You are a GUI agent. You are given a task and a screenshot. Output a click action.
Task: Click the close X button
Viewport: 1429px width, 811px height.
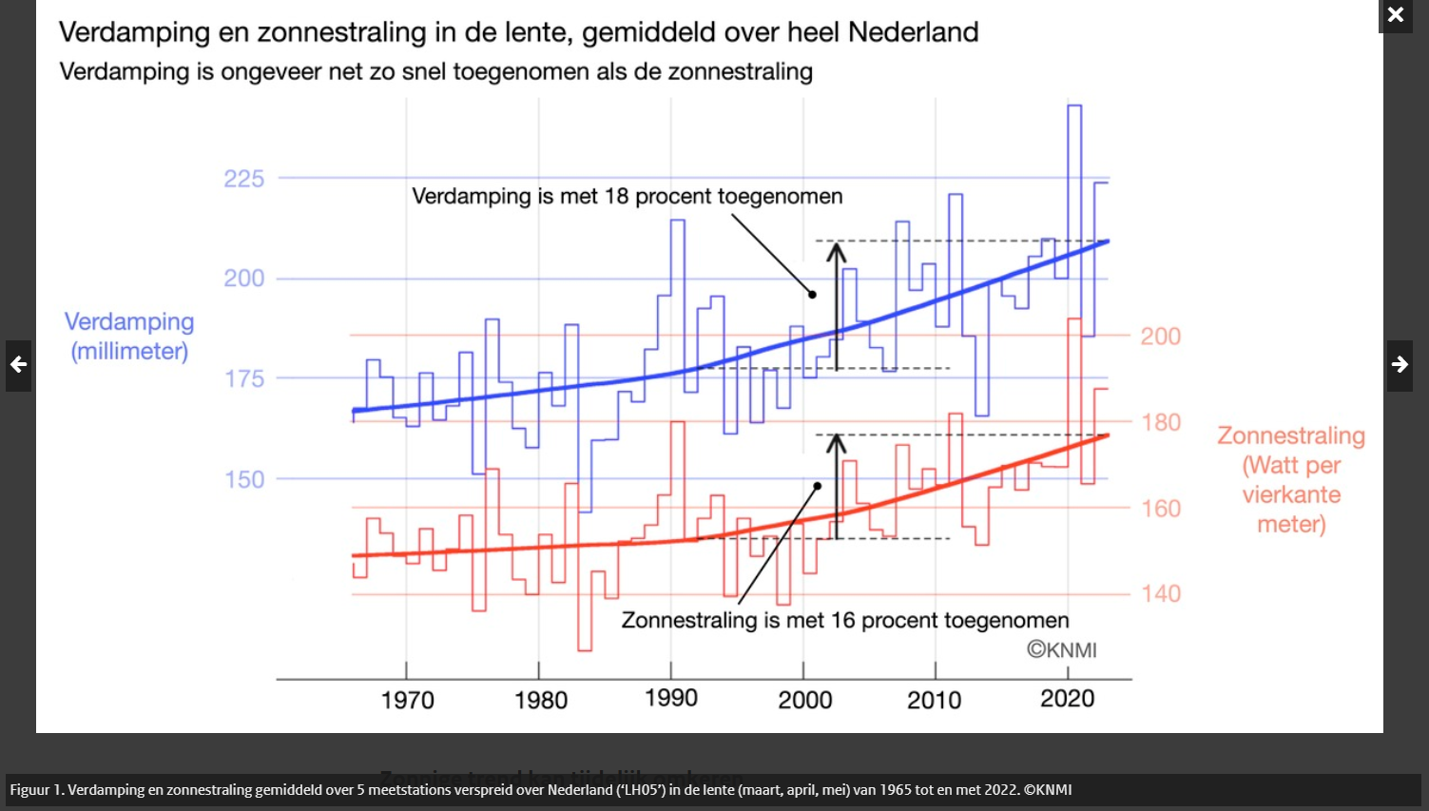coord(1395,15)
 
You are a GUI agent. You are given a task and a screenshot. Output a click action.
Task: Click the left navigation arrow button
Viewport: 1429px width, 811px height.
coord(18,365)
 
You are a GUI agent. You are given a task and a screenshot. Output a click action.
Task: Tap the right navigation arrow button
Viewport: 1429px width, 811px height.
coord(1400,365)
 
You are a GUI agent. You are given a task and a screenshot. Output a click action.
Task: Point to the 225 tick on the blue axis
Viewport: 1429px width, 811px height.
coord(243,179)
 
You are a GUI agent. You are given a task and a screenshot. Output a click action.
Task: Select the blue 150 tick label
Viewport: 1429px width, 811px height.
coord(244,479)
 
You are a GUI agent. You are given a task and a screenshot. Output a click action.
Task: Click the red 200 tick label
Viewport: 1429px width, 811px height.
coord(1161,337)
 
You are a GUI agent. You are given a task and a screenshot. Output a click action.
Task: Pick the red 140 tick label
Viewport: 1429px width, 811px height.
coord(1161,594)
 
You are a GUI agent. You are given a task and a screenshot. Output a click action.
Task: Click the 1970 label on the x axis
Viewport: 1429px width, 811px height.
coord(407,701)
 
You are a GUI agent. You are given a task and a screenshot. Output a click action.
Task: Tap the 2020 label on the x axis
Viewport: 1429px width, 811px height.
coord(1067,699)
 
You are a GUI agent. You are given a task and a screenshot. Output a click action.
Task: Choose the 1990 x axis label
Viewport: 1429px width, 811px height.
coord(671,699)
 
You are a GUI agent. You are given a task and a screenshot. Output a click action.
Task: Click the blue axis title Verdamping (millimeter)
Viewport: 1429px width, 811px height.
coord(129,337)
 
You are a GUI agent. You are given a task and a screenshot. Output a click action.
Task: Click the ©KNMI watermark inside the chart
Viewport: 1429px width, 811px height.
coord(1061,650)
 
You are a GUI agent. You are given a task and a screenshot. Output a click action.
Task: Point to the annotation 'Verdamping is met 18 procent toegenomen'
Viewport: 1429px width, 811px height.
coord(627,197)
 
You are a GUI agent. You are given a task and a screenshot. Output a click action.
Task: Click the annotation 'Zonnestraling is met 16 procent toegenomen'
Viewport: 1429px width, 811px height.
coord(844,621)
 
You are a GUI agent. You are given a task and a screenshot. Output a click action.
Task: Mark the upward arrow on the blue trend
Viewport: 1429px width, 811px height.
coord(836,304)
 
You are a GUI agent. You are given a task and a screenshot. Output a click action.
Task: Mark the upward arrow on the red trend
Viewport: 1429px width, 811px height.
coord(836,485)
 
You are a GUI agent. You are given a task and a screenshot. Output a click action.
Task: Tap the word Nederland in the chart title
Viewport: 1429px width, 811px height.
coord(913,32)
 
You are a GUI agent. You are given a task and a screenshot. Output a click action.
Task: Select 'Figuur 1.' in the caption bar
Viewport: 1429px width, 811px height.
coord(36,790)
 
